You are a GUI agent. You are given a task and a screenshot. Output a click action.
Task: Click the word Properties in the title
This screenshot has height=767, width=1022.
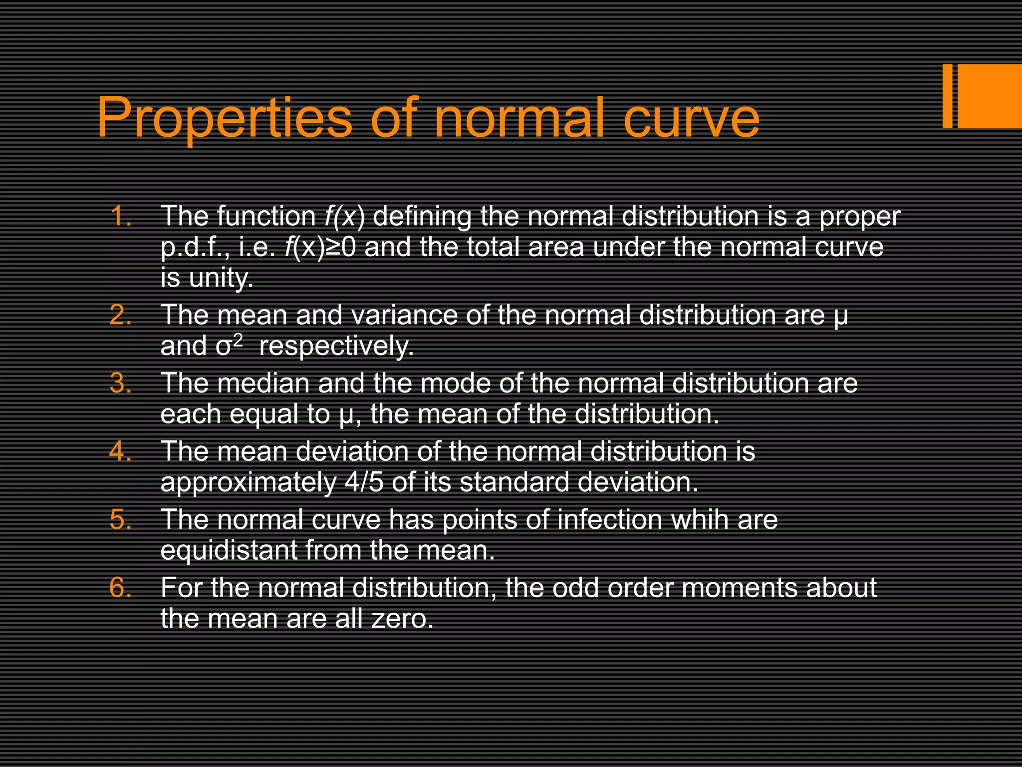[225, 119]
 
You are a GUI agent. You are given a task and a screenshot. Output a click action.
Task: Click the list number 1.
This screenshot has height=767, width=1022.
[120, 216]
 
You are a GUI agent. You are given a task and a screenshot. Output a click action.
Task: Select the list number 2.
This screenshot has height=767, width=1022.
[120, 315]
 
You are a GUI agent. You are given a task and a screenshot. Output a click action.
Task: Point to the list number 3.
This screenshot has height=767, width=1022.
[120, 383]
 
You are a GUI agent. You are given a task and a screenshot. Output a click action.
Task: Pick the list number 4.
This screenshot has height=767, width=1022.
[120, 451]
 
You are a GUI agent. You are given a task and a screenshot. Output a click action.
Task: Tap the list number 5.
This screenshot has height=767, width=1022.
[120, 519]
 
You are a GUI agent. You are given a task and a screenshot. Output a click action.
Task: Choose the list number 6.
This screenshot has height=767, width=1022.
[120, 588]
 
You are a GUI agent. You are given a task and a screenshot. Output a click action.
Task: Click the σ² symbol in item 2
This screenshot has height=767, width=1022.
[230, 345]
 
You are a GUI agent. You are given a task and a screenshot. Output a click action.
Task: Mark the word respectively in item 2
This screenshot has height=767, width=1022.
[336, 346]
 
